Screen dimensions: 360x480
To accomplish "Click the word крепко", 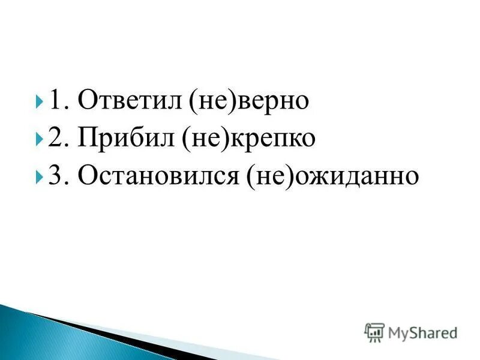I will click(278, 139).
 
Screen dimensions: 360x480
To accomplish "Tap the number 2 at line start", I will click(56, 139).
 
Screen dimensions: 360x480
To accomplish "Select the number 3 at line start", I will click(56, 176).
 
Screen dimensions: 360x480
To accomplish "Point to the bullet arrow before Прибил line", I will click(39, 139).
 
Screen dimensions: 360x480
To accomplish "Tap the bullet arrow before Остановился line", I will click(39, 177).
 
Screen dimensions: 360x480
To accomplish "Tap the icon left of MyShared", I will click(374, 332).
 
